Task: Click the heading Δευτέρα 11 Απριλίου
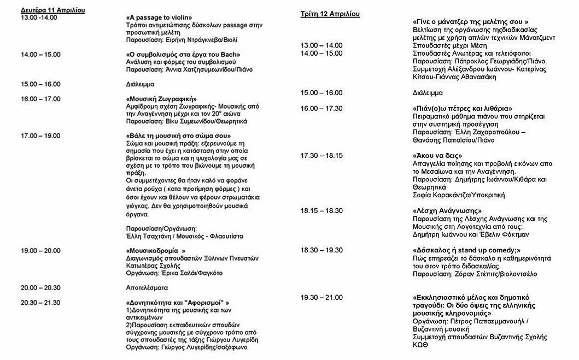click(x=52, y=10)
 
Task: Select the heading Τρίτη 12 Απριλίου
click(x=330, y=14)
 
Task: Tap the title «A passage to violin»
click(x=159, y=17)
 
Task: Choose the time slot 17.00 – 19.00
click(x=40, y=135)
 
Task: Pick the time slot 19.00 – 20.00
click(x=40, y=250)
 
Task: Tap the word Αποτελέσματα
click(x=147, y=287)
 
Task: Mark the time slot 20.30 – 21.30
click(x=40, y=302)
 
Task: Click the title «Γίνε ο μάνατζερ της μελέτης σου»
click(x=471, y=22)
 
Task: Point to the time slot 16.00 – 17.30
click(x=321, y=108)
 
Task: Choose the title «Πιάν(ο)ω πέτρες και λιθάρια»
click(x=463, y=109)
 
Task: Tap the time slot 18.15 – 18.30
click(x=321, y=210)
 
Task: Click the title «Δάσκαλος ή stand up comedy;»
click(x=466, y=250)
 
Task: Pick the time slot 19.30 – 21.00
click(x=321, y=297)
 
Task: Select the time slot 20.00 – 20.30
click(x=40, y=287)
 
